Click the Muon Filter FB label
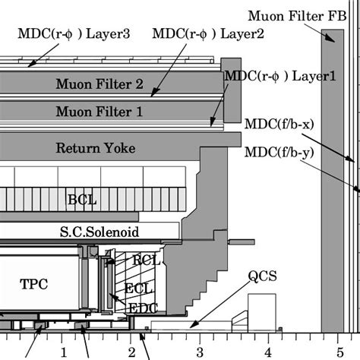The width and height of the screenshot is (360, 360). click(303, 14)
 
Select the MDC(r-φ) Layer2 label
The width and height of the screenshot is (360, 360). click(198, 33)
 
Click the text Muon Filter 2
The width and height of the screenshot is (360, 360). click(99, 83)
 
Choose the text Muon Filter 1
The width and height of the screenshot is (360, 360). click(99, 112)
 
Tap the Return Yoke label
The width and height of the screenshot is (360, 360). click(96, 148)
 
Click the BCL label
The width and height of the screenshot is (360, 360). click(82, 201)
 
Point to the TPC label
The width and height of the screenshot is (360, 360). click(33, 284)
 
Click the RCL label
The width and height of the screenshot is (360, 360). click(144, 260)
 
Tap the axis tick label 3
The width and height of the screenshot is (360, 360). click(200, 352)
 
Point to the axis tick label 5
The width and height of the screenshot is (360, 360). click(335, 352)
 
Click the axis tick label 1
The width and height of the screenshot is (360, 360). click(64, 352)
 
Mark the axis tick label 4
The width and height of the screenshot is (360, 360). click(267, 352)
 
